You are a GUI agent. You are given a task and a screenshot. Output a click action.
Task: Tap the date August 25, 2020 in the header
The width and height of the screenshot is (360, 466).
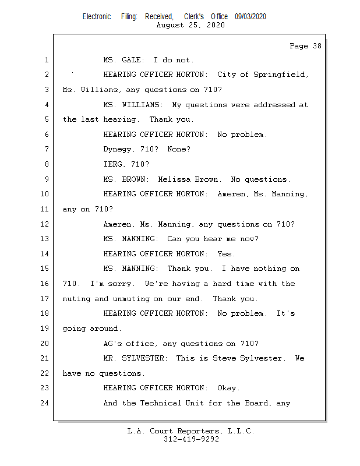[x=191, y=25]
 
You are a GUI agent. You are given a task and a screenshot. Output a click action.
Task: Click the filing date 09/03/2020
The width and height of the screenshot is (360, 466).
[x=250, y=17]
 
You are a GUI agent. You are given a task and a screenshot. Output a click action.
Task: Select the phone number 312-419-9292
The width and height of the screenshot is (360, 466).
[x=191, y=439]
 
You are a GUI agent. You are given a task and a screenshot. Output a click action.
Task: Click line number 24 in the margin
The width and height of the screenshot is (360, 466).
[x=45, y=403]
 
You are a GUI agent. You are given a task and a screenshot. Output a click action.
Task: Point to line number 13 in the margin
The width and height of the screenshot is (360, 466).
[x=45, y=239]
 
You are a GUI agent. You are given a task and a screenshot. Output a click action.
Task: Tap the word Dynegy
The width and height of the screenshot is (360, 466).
[x=119, y=150]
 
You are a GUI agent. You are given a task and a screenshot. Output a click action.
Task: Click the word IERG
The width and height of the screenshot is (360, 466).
[x=114, y=164]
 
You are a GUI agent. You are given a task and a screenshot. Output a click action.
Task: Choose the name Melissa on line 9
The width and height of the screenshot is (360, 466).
[x=176, y=179]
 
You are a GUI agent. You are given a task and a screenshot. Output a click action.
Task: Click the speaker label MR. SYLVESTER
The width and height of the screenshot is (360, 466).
[x=135, y=358]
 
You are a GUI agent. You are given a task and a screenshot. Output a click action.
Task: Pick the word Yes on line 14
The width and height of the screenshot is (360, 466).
[x=226, y=254]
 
